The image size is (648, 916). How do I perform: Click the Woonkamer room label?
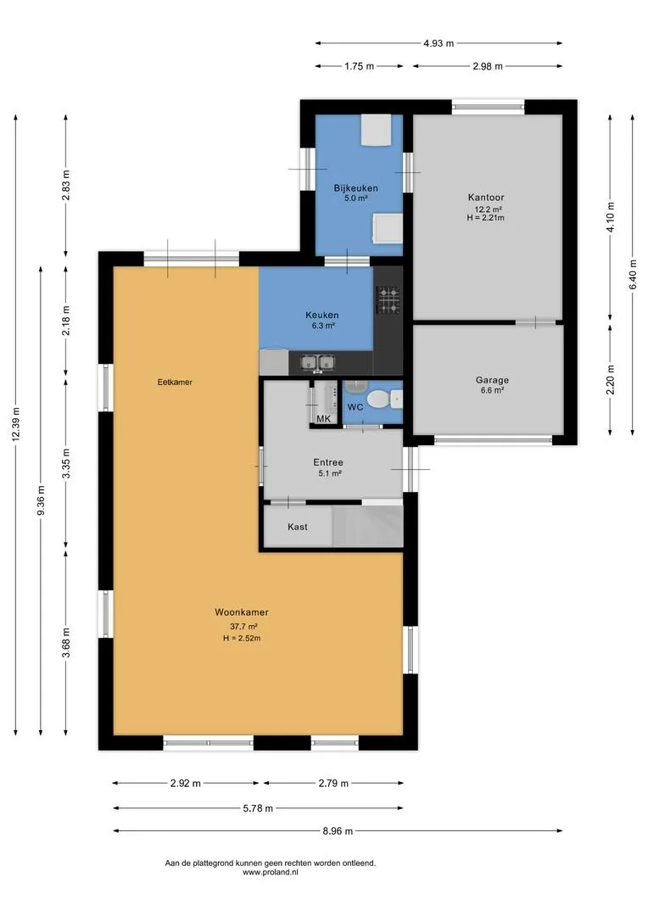pos(242,612)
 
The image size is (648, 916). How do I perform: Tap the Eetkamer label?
pos(175,382)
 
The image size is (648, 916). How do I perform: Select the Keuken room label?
pos(322,315)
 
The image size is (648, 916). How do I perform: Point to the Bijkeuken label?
pos(355,188)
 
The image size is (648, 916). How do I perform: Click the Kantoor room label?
pos(485,198)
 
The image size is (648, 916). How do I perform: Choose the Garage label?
pos(491,380)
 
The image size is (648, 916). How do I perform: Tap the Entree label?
pos(327,462)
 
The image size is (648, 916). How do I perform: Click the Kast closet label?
pos(298,527)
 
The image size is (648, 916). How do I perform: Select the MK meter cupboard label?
pos(323,419)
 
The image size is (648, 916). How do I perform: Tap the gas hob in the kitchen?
pos(388,299)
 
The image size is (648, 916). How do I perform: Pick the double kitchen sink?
pos(317,363)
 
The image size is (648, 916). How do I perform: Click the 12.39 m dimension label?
pos(16,424)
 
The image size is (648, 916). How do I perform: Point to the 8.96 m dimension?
pos(338,830)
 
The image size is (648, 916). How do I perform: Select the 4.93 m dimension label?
pos(439,43)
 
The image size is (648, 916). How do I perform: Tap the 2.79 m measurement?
pos(333,784)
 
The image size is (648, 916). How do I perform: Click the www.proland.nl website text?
pos(270,872)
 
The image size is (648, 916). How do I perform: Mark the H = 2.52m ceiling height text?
pos(242,638)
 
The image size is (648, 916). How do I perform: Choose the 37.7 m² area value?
pos(243,626)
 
